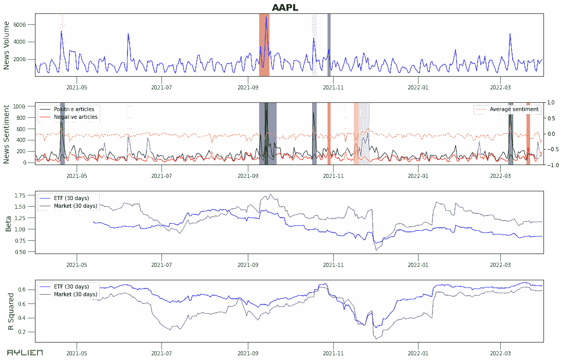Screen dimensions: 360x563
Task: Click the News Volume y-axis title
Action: pos(7,45)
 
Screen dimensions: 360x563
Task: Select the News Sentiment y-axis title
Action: pos(7,134)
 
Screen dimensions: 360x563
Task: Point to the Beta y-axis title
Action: pos(8,222)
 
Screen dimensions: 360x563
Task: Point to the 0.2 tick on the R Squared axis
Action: pos(29,332)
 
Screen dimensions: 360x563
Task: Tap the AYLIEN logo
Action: pos(25,353)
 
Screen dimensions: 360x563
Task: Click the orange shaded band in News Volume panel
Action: pos(264,45)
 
